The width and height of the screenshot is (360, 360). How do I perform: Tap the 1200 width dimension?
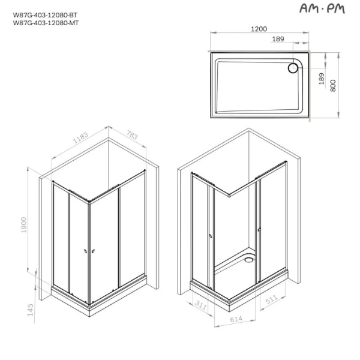[260, 29]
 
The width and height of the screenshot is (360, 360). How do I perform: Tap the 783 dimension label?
[131, 136]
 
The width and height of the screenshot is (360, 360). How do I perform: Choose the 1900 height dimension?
[25, 226]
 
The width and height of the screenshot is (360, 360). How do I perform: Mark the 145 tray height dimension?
[31, 309]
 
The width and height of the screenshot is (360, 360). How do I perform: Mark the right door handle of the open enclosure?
[258, 229]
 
